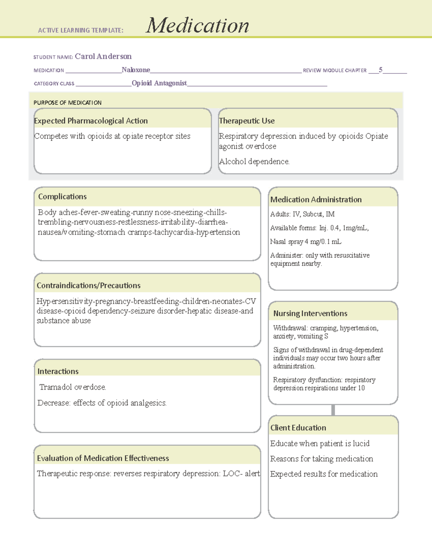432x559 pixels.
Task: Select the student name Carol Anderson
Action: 103,57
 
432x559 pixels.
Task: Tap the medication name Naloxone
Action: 136,70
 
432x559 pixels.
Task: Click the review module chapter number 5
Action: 381,70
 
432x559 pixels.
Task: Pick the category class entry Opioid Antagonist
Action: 159,83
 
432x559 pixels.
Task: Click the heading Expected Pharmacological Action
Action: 91,121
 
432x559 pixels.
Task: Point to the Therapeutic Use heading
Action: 247,121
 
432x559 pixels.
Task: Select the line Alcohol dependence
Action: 254,162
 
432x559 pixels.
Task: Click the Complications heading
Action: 62,197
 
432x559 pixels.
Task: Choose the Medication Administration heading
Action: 316,199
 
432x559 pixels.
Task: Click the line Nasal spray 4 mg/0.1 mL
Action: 306,242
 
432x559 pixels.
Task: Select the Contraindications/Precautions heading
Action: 89,285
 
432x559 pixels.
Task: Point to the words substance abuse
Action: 64,321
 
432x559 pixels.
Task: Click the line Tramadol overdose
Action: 73,387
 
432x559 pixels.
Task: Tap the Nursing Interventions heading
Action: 310,314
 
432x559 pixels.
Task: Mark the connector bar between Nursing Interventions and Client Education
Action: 333,410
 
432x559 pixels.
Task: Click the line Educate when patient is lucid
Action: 320,443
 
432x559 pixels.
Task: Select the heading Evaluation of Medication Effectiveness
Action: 103,458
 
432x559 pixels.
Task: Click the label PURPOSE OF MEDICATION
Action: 67,103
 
